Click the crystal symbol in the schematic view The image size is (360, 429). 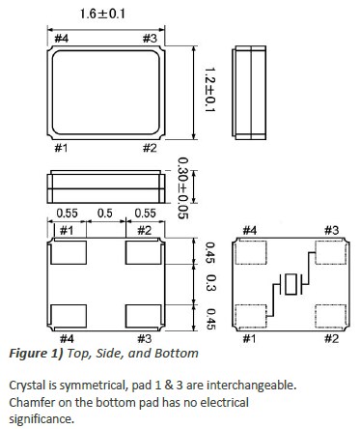coord(291,285)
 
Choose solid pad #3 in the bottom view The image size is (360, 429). coord(143,315)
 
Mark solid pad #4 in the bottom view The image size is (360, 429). coord(68,315)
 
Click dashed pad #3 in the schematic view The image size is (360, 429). coord(330,255)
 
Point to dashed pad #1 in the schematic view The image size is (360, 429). coord(253,315)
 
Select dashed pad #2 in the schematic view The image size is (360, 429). coord(330,315)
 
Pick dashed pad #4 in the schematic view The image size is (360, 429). coord(253,255)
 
